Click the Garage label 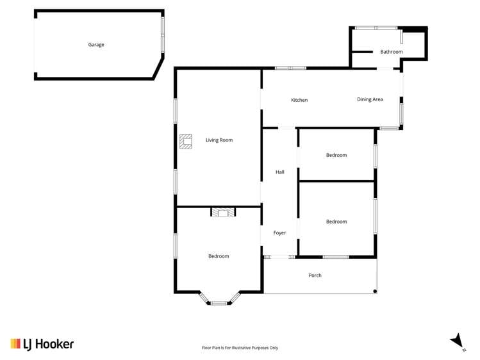[x=96, y=45]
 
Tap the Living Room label [x=219, y=140]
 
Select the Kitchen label [x=299, y=100]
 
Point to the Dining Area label [x=370, y=99]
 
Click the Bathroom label [x=391, y=51]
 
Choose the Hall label [x=280, y=172]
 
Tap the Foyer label [x=280, y=233]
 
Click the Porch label [x=315, y=275]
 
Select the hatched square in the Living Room [x=186, y=141]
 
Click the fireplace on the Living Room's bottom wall [x=224, y=211]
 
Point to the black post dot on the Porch [x=375, y=291]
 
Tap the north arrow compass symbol [x=457, y=341]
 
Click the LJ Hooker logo [x=42, y=344]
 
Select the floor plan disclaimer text [x=240, y=348]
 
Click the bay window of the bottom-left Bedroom [x=219, y=301]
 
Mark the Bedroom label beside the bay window [x=219, y=256]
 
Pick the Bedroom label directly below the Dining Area [x=336, y=155]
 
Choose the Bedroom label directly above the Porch [x=336, y=222]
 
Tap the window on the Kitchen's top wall [x=290, y=68]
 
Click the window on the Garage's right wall [x=163, y=35]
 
